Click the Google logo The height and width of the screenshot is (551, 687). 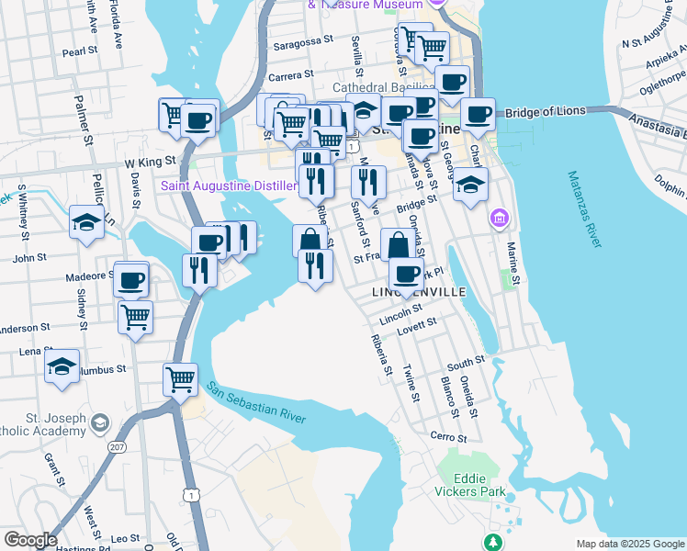pos(30,539)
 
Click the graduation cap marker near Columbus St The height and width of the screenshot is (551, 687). pos(62,366)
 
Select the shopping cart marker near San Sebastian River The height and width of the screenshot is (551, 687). pos(180,377)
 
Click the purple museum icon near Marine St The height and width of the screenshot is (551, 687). pos(499,219)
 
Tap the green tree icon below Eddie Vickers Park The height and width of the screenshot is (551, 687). pos(494,541)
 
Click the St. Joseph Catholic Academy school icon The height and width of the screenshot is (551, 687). pos(100,423)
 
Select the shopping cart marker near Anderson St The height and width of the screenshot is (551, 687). pos(136,317)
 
